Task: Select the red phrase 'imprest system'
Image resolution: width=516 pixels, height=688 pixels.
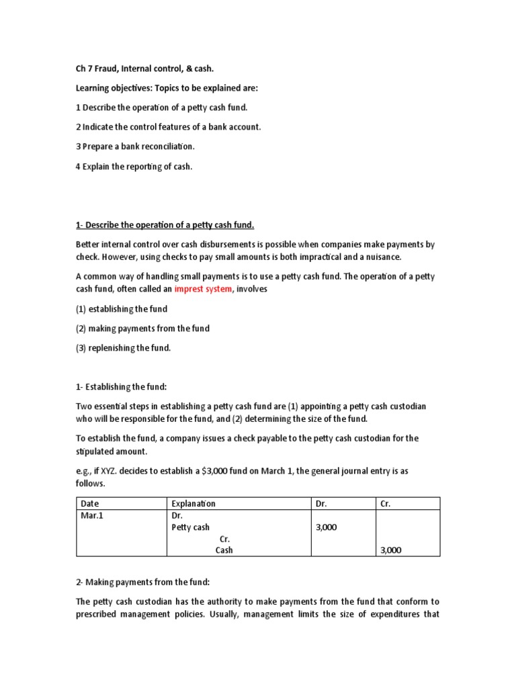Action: [204, 288]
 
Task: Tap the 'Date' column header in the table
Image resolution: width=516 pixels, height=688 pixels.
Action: [89, 503]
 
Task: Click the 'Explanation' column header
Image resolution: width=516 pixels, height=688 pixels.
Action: [193, 503]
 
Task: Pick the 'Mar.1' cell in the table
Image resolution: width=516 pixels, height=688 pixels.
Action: [91, 515]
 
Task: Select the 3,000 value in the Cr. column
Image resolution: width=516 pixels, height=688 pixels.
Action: [390, 550]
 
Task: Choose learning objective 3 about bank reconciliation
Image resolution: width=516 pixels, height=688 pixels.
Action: [134, 146]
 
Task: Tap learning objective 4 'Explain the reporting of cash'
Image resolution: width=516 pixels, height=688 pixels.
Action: [134, 165]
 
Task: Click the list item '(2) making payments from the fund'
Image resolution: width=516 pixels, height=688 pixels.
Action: [142, 329]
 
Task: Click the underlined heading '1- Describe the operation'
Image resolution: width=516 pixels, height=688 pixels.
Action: [165, 224]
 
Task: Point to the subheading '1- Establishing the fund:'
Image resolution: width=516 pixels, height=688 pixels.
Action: [122, 387]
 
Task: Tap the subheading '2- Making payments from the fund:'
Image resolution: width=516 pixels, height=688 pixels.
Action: [142, 582]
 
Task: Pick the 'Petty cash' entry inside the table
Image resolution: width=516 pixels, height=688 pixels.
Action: [191, 527]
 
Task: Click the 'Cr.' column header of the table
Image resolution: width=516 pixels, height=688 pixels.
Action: [385, 503]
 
